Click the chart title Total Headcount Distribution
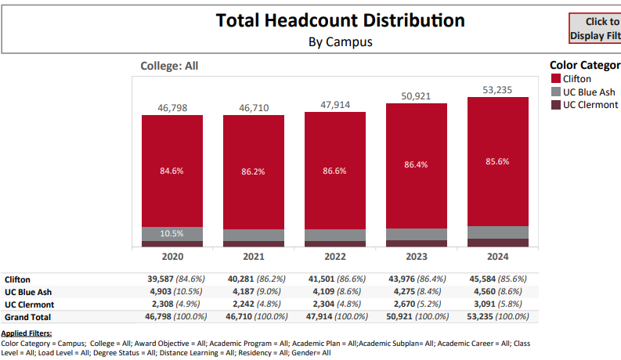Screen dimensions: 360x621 pos(340,20)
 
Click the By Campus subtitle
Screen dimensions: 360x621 pos(341,42)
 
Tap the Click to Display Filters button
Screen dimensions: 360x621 pos(595,29)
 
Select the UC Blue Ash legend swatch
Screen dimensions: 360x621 pos(556,92)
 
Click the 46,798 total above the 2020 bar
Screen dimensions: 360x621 pos(171,107)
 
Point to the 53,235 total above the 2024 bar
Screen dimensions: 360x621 pos(497,90)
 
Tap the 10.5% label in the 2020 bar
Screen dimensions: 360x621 pos(171,233)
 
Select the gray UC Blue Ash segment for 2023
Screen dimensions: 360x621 pos(416,234)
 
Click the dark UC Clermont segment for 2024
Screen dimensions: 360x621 pos(497,243)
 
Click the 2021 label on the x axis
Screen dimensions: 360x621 pos(253,256)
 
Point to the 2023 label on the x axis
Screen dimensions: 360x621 pos(416,256)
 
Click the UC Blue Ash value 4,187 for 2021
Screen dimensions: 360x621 pos(240,291)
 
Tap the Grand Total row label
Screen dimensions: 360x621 pos(27,317)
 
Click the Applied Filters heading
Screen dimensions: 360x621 pos(26,334)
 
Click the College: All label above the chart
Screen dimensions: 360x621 pos(168,67)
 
